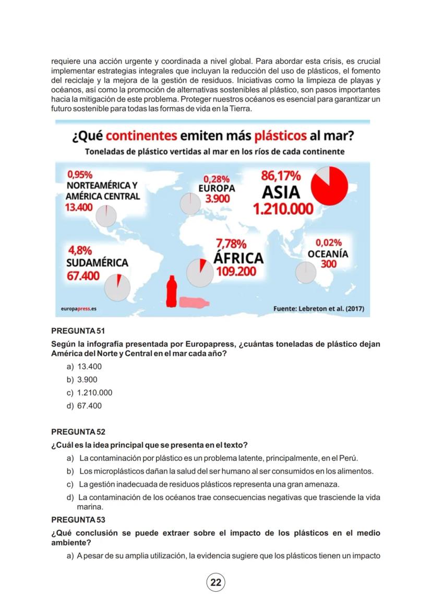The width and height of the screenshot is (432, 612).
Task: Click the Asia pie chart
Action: click(329, 186)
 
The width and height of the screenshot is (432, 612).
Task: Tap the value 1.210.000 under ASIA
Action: click(283, 210)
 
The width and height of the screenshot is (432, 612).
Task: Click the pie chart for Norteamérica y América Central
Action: click(106, 215)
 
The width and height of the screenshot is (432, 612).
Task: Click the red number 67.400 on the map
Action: click(83, 275)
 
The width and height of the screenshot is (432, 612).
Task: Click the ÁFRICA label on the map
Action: click(238, 258)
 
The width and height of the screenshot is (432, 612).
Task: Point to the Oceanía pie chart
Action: click(306, 272)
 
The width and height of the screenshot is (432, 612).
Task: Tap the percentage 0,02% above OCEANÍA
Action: click(329, 243)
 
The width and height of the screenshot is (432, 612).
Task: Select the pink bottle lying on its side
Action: click(194, 303)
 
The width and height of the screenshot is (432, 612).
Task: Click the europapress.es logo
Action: click(78, 309)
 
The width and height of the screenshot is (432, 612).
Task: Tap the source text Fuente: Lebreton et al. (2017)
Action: click(318, 309)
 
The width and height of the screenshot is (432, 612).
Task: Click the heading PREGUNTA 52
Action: click(78, 432)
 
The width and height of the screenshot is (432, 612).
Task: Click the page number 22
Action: click(215, 582)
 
